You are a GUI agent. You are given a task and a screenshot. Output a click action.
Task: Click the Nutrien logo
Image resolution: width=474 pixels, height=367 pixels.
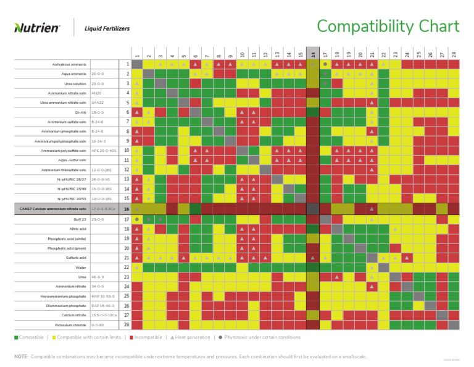pyautogui.click(x=37, y=28)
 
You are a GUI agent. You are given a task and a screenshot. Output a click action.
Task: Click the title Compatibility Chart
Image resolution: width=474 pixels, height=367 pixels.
pyautogui.click(x=388, y=27)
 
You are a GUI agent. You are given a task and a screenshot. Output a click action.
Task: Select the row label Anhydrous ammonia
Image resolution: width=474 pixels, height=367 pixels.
pyautogui.click(x=69, y=64)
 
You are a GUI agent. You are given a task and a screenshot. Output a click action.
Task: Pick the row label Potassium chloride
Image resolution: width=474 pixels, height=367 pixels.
pyautogui.click(x=70, y=324)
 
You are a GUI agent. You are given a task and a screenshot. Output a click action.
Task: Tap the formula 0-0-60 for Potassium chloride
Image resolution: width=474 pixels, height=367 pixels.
pyautogui.click(x=97, y=324)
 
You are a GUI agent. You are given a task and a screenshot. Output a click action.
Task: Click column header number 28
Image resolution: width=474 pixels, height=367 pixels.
pyautogui.click(x=454, y=56)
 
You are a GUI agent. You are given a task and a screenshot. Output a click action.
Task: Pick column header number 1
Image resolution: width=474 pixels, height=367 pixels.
pyautogui.click(x=136, y=56)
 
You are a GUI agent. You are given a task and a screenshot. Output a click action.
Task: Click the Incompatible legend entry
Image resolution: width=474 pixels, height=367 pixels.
pyautogui.click(x=146, y=337)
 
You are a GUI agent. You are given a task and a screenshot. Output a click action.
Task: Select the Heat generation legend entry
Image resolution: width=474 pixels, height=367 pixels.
pyautogui.click(x=192, y=337)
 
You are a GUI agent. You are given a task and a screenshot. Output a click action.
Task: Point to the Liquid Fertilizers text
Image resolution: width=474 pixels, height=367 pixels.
pyautogui.click(x=103, y=28)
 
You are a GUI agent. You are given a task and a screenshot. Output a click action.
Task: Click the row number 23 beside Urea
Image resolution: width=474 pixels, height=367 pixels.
pyautogui.click(x=127, y=277)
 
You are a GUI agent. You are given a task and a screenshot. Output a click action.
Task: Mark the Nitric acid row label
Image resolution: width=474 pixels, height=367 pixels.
pyautogui.click(x=78, y=229)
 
